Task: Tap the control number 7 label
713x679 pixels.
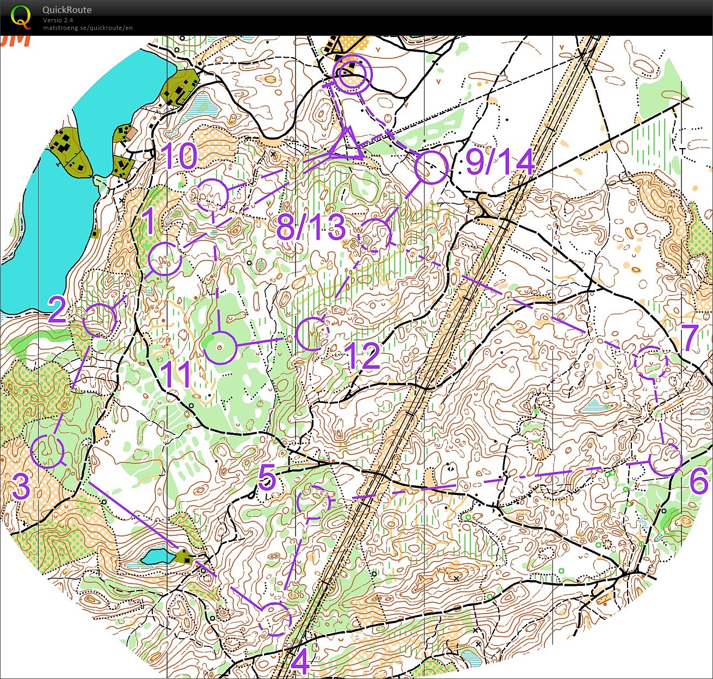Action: (690, 338)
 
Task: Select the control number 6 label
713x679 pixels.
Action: (699, 481)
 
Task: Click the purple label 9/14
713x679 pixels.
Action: (500, 162)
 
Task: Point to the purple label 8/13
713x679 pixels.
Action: (311, 227)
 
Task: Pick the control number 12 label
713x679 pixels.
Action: (363, 356)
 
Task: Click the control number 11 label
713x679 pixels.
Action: (176, 374)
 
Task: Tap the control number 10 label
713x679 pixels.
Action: (180, 156)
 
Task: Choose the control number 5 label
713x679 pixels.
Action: (267, 478)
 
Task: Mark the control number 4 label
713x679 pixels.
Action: (300, 662)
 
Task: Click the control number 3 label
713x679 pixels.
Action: (21, 486)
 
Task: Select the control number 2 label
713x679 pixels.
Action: (58, 310)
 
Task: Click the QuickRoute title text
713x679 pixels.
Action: (67, 10)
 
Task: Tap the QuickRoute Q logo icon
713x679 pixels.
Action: (21, 16)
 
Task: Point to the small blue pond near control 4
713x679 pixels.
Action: (157, 556)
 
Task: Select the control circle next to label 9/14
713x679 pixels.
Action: (431, 168)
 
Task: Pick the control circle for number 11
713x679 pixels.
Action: (220, 347)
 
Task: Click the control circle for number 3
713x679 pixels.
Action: (47, 451)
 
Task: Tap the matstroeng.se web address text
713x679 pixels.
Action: (88, 28)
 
